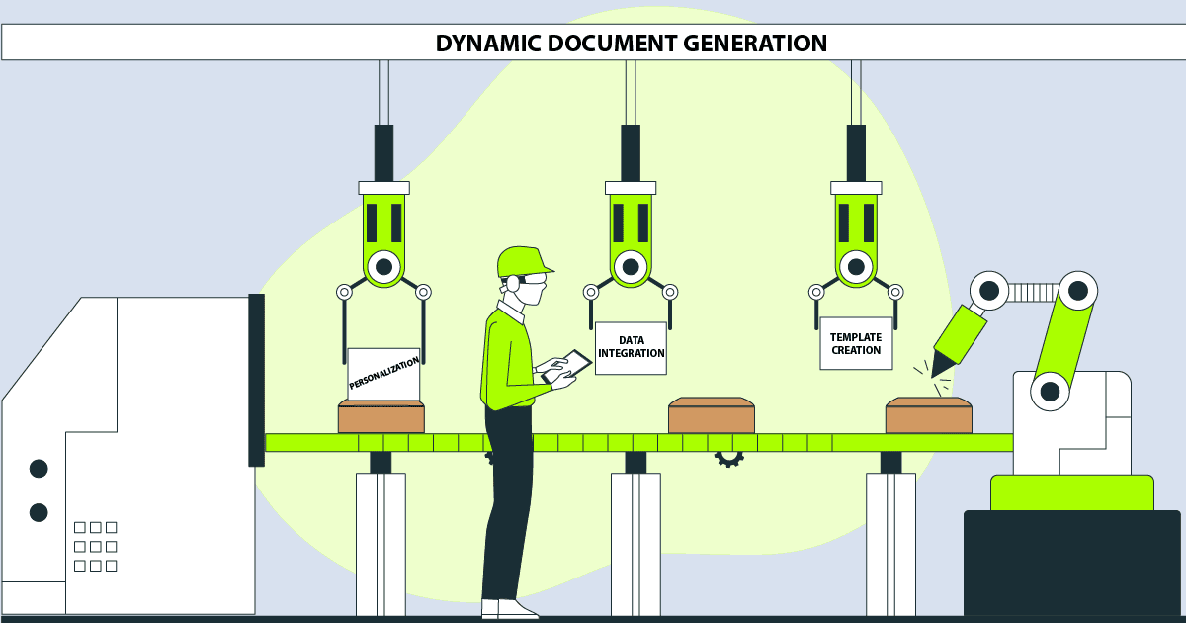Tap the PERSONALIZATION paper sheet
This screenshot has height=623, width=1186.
click(383, 373)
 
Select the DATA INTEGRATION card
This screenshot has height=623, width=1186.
click(631, 347)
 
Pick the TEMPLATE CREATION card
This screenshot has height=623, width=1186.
click(856, 343)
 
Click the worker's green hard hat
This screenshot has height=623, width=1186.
click(521, 260)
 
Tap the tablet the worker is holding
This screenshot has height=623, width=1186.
click(567, 365)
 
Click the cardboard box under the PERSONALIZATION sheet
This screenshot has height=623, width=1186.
click(381, 417)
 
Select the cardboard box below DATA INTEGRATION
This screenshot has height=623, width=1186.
click(712, 416)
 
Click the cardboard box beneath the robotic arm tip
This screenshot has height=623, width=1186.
click(928, 416)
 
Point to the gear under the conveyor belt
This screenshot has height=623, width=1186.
click(729, 458)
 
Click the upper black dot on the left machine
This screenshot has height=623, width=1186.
click(39, 468)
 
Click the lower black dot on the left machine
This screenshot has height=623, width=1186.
click(39, 512)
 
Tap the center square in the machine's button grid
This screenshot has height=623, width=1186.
click(95, 546)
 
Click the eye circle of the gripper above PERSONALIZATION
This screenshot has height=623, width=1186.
click(383, 266)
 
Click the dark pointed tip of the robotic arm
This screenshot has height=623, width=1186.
click(943, 364)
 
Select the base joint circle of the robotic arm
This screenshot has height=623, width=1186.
click(1050, 392)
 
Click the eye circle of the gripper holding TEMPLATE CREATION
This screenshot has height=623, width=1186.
click(856, 266)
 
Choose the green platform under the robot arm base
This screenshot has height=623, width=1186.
click(1071, 493)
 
